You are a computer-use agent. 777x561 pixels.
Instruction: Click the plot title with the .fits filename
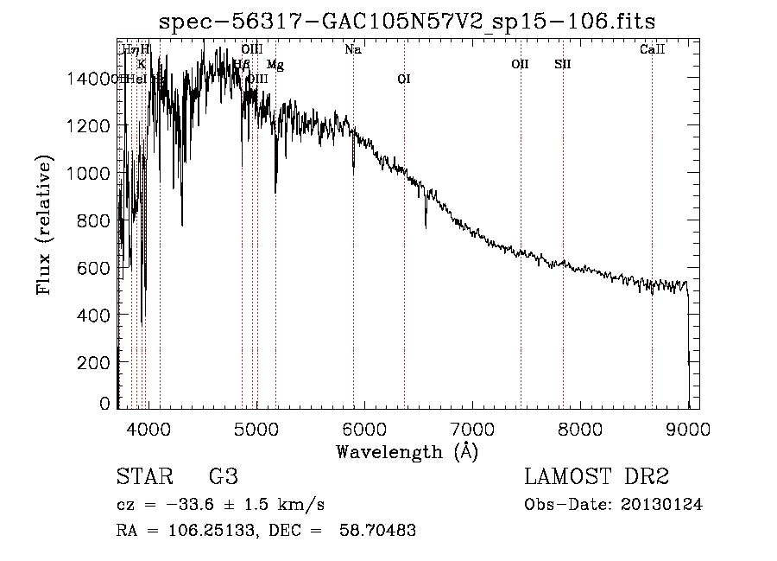click(407, 22)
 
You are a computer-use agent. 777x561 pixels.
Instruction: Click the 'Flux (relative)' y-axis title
click(43, 225)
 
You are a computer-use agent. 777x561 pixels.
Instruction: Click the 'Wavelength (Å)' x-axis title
click(407, 450)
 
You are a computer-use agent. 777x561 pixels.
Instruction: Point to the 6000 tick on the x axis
click(363, 428)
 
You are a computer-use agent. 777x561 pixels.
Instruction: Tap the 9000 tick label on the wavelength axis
click(688, 428)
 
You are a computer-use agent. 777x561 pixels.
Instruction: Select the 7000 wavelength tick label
click(471, 428)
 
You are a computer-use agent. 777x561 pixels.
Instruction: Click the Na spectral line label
click(352, 50)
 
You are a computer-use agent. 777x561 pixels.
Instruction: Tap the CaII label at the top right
click(652, 50)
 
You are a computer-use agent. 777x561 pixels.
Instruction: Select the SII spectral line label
click(563, 64)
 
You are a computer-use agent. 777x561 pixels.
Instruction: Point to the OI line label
click(403, 79)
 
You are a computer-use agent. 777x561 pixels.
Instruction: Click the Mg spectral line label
click(275, 64)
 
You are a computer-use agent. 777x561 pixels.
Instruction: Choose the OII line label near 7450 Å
click(520, 64)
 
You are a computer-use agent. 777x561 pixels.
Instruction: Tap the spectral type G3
click(223, 477)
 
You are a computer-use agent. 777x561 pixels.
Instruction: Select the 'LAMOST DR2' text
click(597, 477)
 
